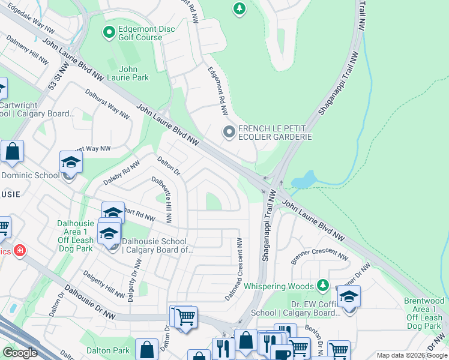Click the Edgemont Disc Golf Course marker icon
click(109, 32)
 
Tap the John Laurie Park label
click(134, 73)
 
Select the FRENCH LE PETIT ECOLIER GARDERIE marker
click(229, 132)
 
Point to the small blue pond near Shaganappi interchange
click(304, 179)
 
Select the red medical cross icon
click(19, 251)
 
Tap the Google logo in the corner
click(20, 353)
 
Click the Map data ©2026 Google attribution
click(411, 355)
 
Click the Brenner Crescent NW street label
click(319, 256)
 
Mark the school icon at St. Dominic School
click(71, 163)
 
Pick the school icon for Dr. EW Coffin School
click(348, 297)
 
